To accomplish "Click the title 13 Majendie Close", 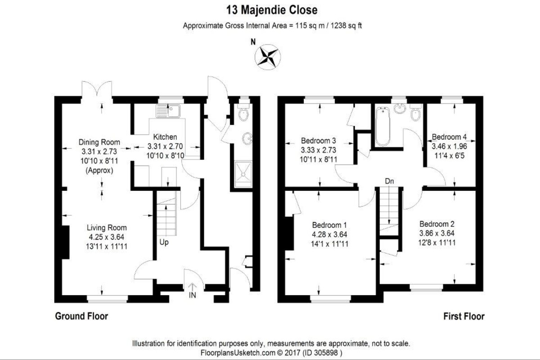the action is click(x=272, y=10).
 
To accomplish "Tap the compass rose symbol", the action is click(x=268, y=57).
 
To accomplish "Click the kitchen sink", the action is click(x=168, y=111).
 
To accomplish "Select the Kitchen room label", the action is click(x=165, y=137).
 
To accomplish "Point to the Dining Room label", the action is click(x=99, y=142).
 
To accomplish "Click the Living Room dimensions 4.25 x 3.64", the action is click(x=107, y=237).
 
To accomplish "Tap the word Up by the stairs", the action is click(x=164, y=243).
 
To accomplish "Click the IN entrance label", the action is click(x=193, y=295).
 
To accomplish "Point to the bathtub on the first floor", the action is click(x=382, y=126).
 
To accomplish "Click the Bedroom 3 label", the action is click(x=319, y=140).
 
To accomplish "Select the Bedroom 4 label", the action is click(x=450, y=137).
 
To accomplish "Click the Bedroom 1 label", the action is click(x=329, y=225).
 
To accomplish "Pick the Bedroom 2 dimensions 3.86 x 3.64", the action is click(x=437, y=234).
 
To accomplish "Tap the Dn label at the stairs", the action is click(x=389, y=181).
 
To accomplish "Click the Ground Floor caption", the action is click(x=81, y=316).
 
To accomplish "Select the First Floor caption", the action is click(x=464, y=316).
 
